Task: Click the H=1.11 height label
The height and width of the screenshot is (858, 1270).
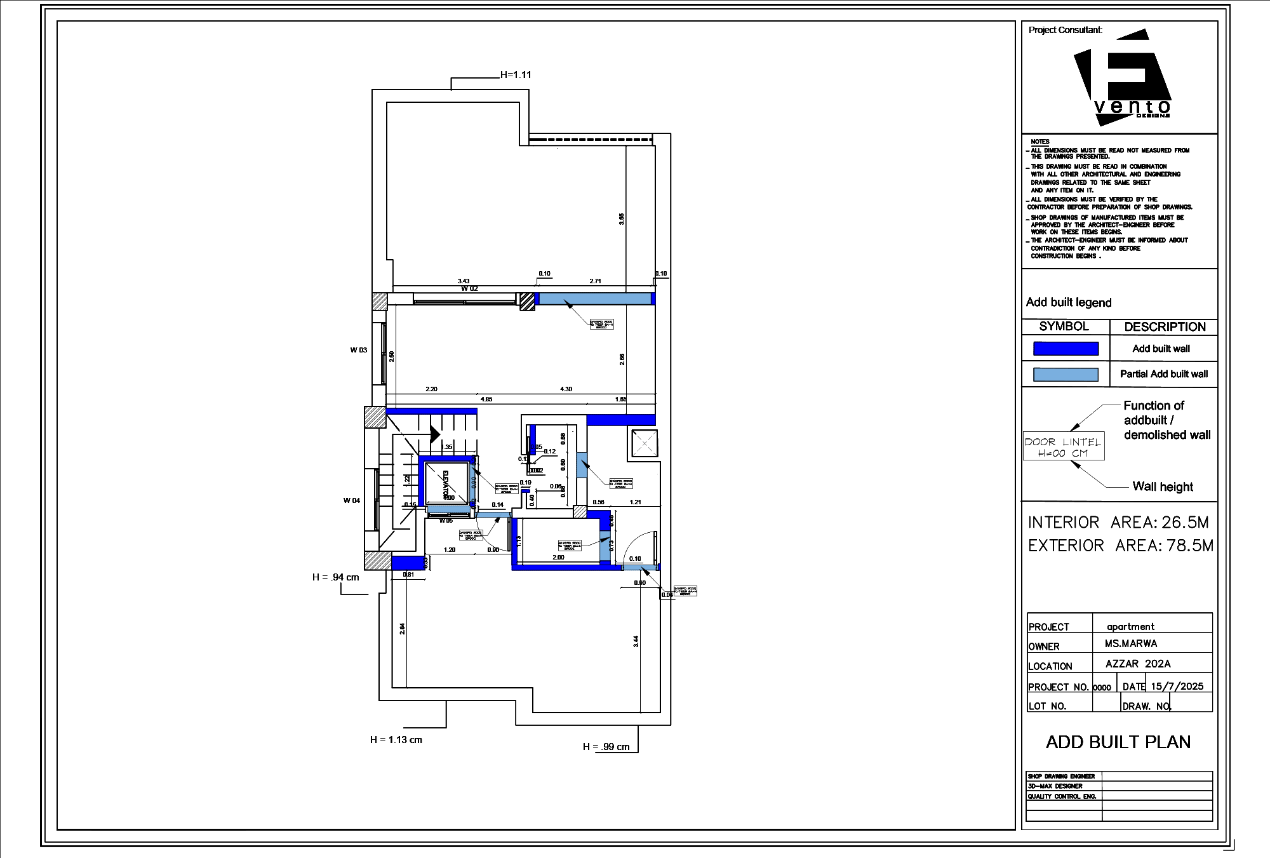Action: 516,75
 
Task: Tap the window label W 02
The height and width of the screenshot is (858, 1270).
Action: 469,288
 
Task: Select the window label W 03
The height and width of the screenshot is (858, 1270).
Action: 359,350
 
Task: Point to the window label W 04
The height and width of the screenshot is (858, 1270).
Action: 352,500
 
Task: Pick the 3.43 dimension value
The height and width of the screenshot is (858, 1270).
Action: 464,281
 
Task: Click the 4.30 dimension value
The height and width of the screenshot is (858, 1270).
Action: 566,389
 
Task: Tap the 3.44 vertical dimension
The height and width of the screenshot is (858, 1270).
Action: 636,641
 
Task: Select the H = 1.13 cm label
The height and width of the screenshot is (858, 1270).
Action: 396,740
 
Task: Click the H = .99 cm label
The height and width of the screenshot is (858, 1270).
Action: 606,747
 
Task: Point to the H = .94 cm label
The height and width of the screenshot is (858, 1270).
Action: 335,577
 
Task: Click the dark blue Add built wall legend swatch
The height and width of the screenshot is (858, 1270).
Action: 1066,349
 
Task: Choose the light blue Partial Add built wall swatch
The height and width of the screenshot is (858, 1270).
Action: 1066,375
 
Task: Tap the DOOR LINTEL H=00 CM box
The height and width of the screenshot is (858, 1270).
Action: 1064,447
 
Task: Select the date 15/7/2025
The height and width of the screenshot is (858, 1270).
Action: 1177,686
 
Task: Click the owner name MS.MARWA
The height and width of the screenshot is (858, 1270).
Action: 1130,643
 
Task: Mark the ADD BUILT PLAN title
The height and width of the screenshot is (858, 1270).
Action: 1118,742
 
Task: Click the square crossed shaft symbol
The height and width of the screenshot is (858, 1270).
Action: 644,443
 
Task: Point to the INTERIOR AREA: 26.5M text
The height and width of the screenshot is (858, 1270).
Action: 1118,523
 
